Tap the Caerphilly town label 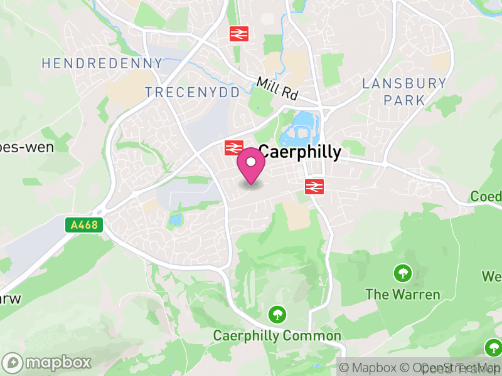click(x=300, y=152)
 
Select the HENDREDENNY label click(x=102, y=63)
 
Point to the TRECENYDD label click(x=193, y=93)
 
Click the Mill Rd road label click(x=277, y=89)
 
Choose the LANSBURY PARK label click(x=405, y=91)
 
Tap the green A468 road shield click(x=84, y=224)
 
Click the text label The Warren click(x=403, y=295)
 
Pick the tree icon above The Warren click(x=402, y=273)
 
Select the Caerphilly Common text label click(x=277, y=336)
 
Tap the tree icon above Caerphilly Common click(x=276, y=314)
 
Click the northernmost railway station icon click(x=238, y=33)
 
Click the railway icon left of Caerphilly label click(x=233, y=148)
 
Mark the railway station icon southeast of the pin click(x=314, y=186)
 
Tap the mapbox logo click(x=47, y=362)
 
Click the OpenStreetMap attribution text click(x=452, y=368)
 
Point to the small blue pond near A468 click(x=175, y=219)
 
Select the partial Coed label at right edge click(x=487, y=197)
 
